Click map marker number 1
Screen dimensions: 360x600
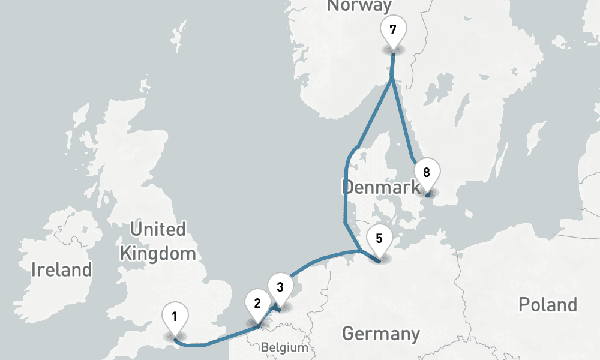point(174,316)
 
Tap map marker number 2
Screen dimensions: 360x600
point(257,303)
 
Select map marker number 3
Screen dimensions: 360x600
point(280,286)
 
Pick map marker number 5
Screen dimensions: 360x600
point(379,238)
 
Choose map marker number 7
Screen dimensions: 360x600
point(393,30)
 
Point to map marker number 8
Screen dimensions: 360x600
point(427,173)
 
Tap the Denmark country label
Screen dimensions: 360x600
point(380,187)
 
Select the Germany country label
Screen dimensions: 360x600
point(380,333)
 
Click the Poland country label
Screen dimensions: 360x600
point(547,304)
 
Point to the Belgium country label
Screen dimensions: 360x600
point(284,347)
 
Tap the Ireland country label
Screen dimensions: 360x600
point(62,269)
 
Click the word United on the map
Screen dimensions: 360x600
point(158,229)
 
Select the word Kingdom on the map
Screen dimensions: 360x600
point(158,253)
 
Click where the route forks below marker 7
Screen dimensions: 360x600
point(391,77)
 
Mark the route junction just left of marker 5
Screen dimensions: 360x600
point(359,250)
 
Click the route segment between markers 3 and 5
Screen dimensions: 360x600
point(318,260)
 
